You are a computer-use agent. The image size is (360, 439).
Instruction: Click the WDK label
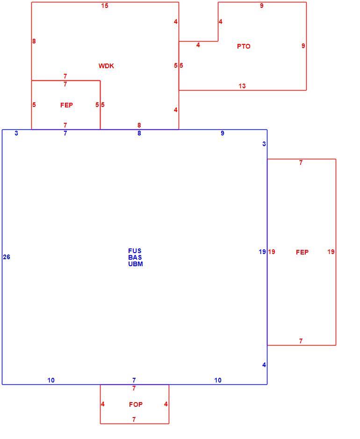coord(106,66)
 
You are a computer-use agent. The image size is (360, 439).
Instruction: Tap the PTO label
coord(244,46)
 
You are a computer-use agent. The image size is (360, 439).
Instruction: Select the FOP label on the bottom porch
coord(136,404)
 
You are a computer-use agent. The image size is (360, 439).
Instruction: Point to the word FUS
coord(135,251)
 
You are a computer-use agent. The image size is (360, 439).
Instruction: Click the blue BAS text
coord(135,257)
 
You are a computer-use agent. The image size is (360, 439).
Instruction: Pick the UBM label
coord(136,264)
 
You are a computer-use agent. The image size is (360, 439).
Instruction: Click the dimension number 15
coord(105,6)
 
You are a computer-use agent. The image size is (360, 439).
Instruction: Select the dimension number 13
coord(242,86)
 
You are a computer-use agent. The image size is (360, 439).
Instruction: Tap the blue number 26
coord(7,257)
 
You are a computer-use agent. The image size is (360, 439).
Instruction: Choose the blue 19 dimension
coord(262,252)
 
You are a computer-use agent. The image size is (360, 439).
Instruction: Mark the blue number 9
coord(223,133)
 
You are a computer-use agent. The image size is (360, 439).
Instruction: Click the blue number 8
coord(139,133)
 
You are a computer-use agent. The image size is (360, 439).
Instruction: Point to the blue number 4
coord(264,365)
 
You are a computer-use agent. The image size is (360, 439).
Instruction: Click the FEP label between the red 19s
coord(302,252)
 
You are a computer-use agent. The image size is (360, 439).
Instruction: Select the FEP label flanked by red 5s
coord(67,105)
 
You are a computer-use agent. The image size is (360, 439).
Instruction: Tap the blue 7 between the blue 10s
coord(134,380)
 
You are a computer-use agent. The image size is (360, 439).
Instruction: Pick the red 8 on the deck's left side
coord(34,41)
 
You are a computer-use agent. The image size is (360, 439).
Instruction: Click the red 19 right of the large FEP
coord(331,252)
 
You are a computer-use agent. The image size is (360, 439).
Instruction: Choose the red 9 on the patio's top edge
coord(262,6)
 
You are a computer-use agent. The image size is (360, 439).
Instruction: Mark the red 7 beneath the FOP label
coord(134,419)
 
